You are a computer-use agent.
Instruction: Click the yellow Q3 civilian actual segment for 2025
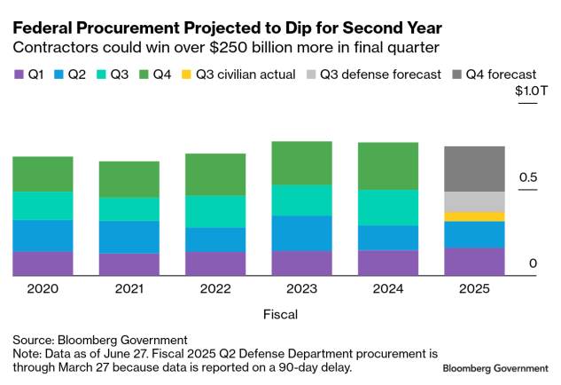coord(474,216)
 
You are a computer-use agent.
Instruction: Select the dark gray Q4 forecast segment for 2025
coord(474,169)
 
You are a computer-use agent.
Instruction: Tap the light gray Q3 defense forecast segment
coord(474,201)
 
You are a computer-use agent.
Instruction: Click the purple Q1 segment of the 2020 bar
coord(43,263)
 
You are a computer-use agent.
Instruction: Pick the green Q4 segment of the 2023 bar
coord(301,163)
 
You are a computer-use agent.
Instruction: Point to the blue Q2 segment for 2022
coord(215,240)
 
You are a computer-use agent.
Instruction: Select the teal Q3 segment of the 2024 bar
coord(388,207)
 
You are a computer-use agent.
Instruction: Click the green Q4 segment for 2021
coord(129,179)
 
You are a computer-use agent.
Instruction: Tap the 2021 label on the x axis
coord(129,288)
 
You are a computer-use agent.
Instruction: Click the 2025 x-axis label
coord(474,288)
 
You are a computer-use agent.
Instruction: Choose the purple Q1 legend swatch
coord(18,75)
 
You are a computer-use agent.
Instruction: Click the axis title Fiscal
coord(280,314)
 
